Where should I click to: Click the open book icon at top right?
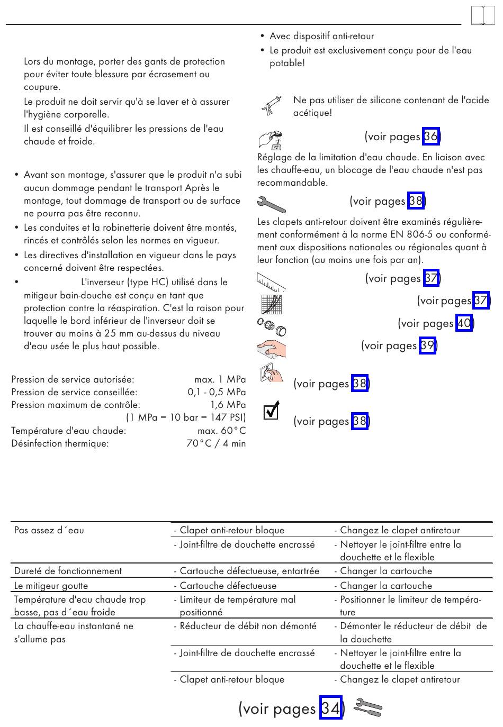point(482,16)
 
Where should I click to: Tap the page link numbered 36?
point(430,137)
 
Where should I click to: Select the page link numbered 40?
point(464,323)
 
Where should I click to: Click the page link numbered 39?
point(427,346)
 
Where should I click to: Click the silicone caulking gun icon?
point(271,105)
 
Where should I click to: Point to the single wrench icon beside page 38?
point(271,203)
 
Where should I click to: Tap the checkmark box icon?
point(271,411)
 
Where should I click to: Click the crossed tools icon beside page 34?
point(367,707)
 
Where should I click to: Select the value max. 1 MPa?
point(220,379)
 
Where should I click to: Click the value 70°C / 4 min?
point(216,443)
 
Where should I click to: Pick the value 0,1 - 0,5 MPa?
point(217,392)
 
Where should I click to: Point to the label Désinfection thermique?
point(60,443)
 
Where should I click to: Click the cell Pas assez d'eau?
point(49,530)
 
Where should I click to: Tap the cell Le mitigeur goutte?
point(51,586)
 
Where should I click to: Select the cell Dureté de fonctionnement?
point(68,571)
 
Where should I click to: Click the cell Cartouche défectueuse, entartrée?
point(249,571)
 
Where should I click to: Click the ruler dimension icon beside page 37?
point(271,281)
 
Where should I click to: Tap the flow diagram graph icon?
point(271,304)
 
